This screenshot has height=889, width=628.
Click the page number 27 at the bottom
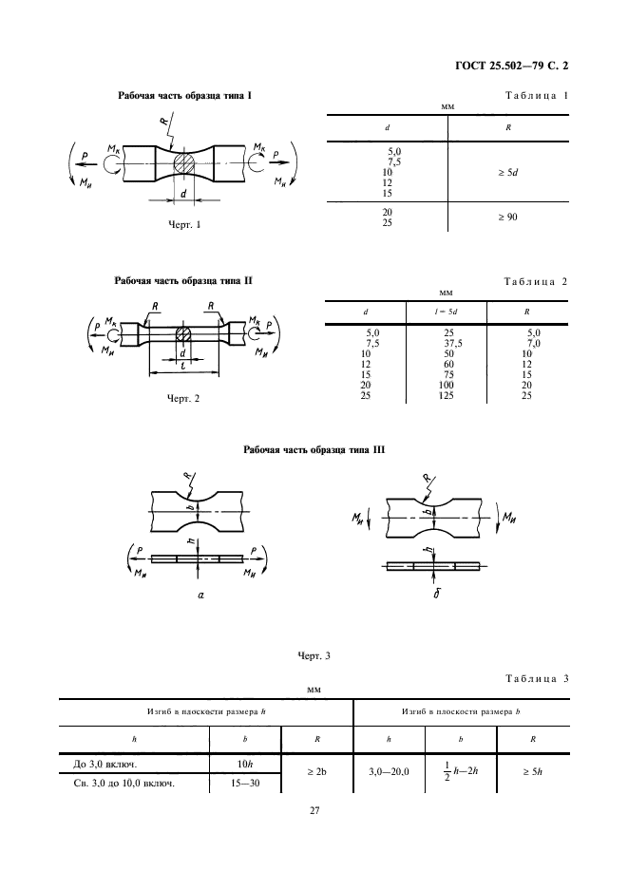pos(314,811)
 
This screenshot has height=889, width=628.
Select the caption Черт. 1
pos(184,224)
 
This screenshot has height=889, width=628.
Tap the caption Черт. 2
pos(183,399)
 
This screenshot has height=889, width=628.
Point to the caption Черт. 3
pos(314,656)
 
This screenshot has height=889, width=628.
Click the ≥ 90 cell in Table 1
pos(507,217)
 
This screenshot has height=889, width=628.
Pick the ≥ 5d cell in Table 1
pos(507,172)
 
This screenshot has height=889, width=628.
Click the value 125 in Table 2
pos(446,396)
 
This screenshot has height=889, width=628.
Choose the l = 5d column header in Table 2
pos(447,312)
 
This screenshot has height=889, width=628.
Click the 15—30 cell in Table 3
pos(245,784)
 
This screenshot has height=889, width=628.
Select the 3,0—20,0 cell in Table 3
pos(389,772)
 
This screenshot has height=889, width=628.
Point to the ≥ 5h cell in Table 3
pos(533,771)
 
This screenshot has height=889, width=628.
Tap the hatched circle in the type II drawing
pos(182,334)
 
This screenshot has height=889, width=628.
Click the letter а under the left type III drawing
pos(200,596)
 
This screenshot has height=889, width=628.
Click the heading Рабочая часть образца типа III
pos(314,450)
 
